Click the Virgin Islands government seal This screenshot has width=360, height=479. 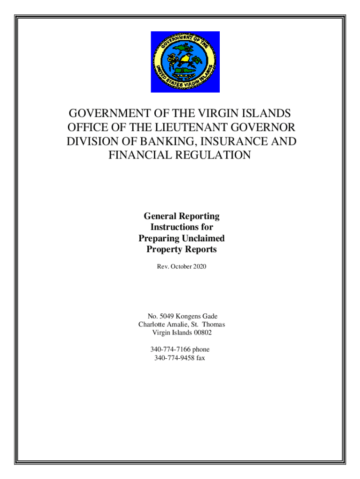pos(185,62)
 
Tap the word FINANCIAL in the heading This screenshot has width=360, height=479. pos(139,154)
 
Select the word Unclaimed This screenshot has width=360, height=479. pos(202,238)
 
